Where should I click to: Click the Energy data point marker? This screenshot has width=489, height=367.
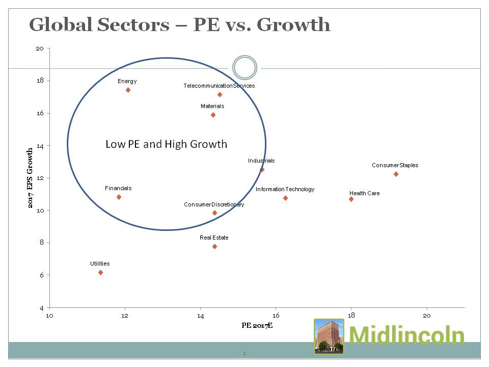[x=128, y=90]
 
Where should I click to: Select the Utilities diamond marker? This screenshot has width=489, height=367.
[x=100, y=273]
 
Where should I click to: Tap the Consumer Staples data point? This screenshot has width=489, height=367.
[x=396, y=174]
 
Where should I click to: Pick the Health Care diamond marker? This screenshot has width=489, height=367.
[x=351, y=199]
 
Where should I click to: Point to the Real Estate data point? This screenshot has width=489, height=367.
[x=214, y=247]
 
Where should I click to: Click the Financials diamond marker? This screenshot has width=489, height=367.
[x=119, y=197]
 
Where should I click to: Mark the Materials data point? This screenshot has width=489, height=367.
[x=213, y=115]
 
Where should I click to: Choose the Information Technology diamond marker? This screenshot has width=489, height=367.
[x=285, y=198]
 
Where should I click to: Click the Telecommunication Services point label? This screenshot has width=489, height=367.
[x=219, y=86]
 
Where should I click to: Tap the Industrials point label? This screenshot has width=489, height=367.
[x=261, y=161]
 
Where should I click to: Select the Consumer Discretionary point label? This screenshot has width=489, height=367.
[x=214, y=204]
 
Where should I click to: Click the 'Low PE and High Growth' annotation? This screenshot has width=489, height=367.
[x=166, y=144]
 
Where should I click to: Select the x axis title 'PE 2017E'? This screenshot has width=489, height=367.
[x=257, y=325]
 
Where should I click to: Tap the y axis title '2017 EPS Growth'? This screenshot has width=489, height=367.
[x=31, y=178]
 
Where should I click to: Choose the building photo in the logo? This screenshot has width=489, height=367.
[x=329, y=336]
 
